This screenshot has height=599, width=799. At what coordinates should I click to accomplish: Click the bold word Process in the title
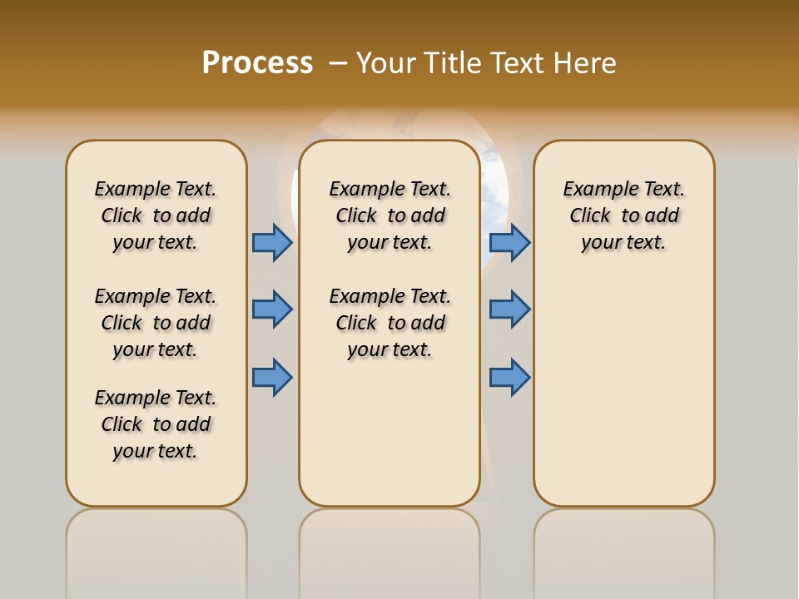257,63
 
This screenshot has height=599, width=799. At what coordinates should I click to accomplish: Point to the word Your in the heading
387,63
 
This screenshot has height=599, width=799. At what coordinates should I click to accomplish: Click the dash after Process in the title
338,63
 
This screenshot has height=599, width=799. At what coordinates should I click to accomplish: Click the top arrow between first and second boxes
272,242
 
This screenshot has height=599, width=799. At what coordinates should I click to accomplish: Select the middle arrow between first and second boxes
272,309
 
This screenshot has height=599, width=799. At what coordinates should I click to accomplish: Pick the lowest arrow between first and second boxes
272,377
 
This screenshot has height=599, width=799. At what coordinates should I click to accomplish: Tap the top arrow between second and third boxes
509,242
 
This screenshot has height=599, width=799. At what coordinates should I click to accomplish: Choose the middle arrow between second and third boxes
509,309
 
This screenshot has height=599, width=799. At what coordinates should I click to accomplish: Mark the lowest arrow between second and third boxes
509,377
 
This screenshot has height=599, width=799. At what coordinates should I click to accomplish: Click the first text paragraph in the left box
156,215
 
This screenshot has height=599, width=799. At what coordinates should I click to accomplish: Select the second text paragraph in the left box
156,323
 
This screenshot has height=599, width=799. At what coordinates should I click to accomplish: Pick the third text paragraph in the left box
156,424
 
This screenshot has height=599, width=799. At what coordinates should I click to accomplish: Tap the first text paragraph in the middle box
390,215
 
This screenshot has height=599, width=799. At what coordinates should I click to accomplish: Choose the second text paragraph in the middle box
390,323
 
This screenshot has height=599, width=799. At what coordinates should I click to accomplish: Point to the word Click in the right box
590,216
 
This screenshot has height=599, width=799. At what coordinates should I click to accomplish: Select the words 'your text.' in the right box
623,243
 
